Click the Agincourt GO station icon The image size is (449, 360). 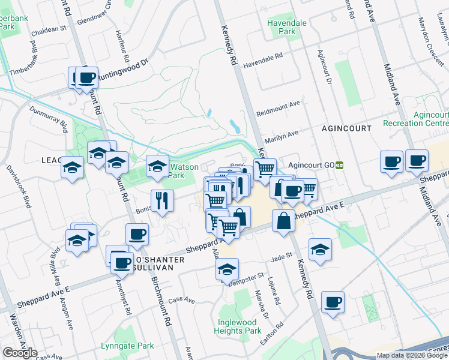pos(339,165)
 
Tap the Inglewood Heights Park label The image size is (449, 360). pos(238,326)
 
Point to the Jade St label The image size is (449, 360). pos(281,257)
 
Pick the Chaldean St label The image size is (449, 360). pos(46,29)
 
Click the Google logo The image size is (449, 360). pos(19,353)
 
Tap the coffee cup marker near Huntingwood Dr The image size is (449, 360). pos(86,77)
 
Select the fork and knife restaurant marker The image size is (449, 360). pos(162,200)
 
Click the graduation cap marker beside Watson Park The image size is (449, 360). pos(158,166)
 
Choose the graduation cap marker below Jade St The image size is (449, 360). pos(321,249)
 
